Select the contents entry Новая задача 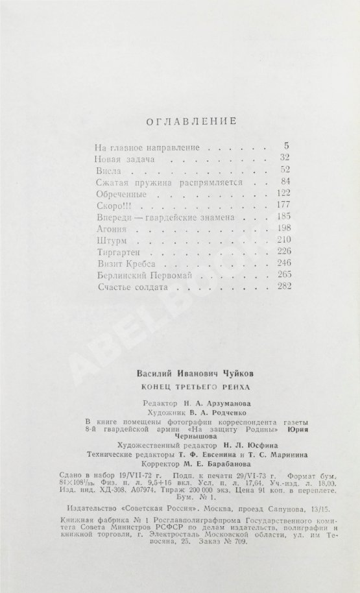pyautogui.click(x=123, y=158)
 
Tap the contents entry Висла pyautogui.click(x=104, y=171)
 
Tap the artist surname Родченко pyautogui.click(x=215, y=412)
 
